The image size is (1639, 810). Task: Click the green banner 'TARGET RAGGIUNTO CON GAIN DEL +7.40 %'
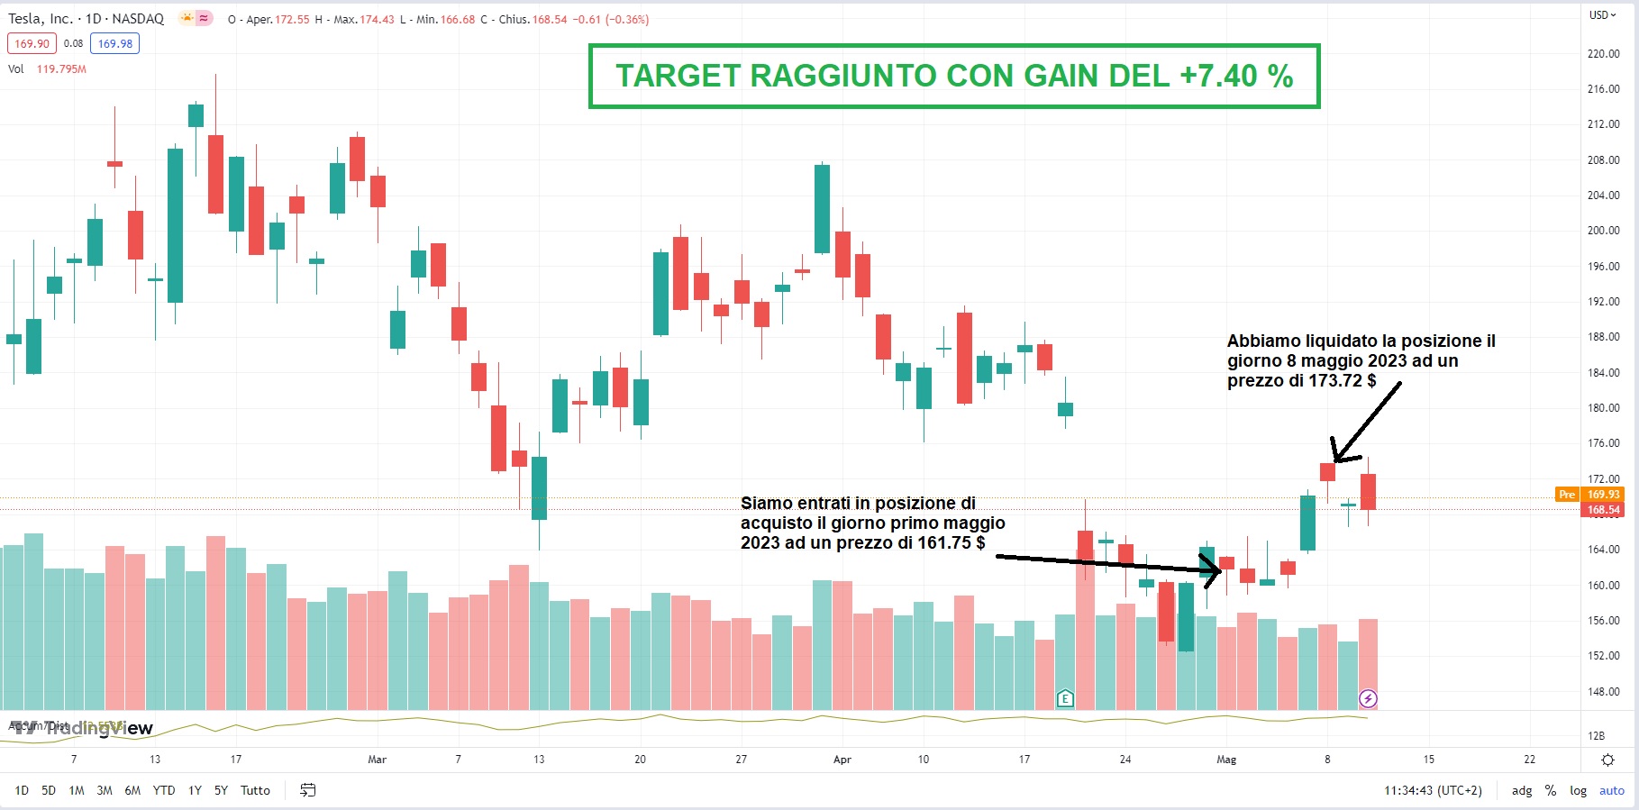tap(953, 77)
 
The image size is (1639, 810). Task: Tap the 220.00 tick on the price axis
tap(1603, 53)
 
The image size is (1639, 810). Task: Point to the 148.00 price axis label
tap(1603, 692)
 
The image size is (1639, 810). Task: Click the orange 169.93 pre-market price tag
tap(1602, 494)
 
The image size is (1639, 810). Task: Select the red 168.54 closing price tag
tap(1602, 510)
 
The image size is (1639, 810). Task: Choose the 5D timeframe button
tap(49, 790)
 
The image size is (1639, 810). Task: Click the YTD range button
tap(164, 790)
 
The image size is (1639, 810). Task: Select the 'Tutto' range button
tap(255, 790)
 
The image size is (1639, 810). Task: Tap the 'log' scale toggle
tap(1578, 790)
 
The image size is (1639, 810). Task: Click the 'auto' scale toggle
tap(1611, 790)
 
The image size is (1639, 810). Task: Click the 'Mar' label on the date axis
tap(377, 760)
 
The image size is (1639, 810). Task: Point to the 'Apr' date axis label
tap(842, 760)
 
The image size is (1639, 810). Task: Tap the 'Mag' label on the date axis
tap(1226, 760)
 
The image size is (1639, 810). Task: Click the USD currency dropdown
tap(1602, 15)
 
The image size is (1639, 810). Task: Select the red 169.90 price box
tap(32, 43)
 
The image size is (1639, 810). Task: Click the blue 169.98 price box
tap(115, 43)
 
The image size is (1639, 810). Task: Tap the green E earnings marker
tap(1065, 698)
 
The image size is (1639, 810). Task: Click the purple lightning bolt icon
tap(1368, 698)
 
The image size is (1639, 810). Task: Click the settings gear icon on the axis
tap(1607, 760)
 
